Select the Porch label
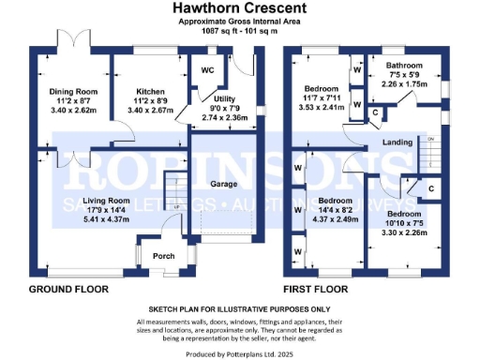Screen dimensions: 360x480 click(x=163, y=255)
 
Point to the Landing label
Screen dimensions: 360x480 click(x=397, y=142)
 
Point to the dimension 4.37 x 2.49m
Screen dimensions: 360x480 click(x=335, y=220)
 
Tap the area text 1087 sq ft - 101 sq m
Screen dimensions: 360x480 click(x=240, y=29)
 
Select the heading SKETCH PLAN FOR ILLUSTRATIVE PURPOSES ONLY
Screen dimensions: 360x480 click(x=240, y=307)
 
